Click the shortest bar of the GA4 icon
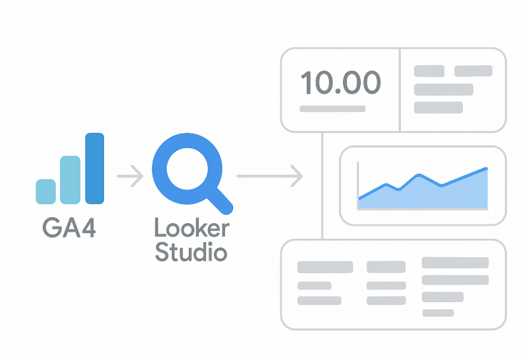[x=45, y=191]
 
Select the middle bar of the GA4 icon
[x=70, y=180]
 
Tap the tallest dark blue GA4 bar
[x=95, y=168]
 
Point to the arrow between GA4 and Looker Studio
[x=130, y=176]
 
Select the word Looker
[x=192, y=228]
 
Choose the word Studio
[x=191, y=251]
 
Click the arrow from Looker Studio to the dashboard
[x=269, y=176]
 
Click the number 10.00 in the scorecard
[x=340, y=83]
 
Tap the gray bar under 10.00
[x=332, y=108]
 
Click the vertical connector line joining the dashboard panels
[x=322, y=185]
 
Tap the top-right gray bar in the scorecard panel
[x=473, y=70]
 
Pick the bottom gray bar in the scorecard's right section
[x=438, y=107]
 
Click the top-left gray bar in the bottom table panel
[x=325, y=267]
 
